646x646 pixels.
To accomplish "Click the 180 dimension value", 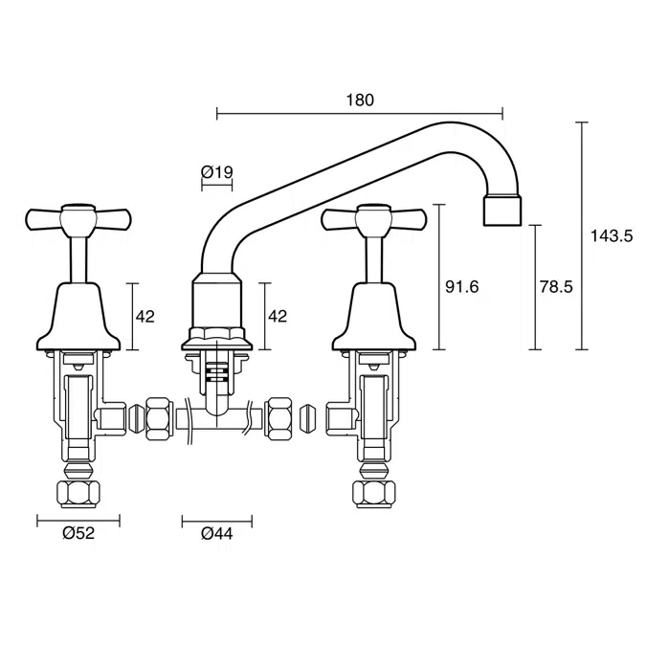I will [361, 100].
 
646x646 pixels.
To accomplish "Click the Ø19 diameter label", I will [217, 172].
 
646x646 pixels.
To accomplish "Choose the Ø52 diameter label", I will [79, 534].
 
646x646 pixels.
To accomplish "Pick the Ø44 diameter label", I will [216, 534].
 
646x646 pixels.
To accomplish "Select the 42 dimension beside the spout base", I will [278, 317].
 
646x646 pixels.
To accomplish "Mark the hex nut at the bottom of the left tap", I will [79, 493].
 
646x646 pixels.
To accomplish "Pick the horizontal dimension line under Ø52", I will [79, 521].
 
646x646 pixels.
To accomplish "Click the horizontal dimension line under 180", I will [361, 115].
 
